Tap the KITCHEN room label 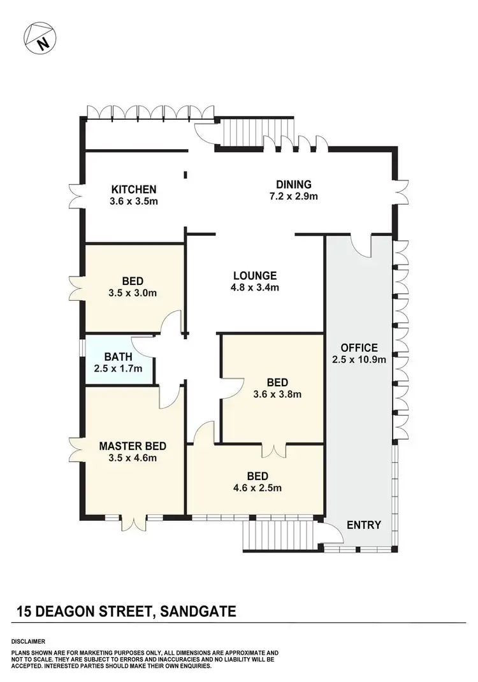pos(134,189)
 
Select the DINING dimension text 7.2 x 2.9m pos(293,196)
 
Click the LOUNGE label pos(255,276)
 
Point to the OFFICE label pos(359,348)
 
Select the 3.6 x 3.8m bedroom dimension pos(277,394)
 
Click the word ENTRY pos(364,525)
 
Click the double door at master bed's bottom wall pos(134,522)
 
